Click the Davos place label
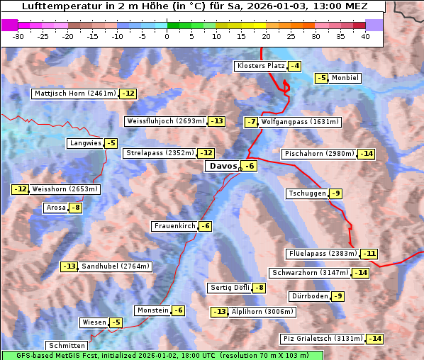[222, 166]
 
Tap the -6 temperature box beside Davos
[249, 166]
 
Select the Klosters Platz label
[260, 66]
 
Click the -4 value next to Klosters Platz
[294, 66]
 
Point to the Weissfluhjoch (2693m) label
[165, 121]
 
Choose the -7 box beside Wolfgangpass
[251, 122]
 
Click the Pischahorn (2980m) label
[318, 154]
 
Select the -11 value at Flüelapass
[369, 253]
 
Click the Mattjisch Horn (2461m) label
[74, 94]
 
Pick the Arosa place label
[55, 208]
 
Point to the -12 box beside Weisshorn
[20, 189]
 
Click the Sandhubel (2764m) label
[115, 266]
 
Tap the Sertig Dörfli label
[230, 288]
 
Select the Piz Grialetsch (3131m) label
[323, 339]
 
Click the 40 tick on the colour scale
[364, 36]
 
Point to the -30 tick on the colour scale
[18, 36]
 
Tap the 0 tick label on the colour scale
[167, 36]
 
